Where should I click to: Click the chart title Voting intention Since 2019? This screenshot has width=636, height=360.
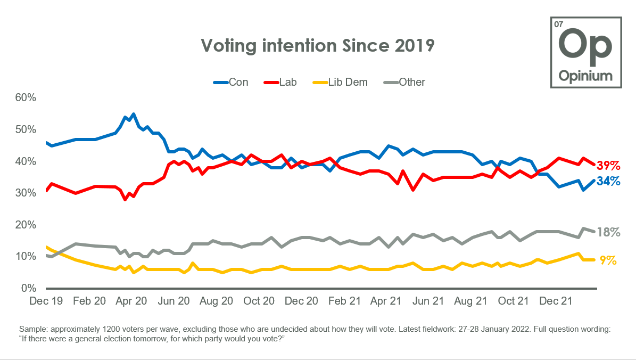(318, 46)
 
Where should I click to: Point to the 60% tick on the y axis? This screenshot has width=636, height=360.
(25, 98)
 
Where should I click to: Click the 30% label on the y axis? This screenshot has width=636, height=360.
(25, 193)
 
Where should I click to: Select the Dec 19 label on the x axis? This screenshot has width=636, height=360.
(46, 301)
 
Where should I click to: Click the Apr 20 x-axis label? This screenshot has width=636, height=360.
(131, 301)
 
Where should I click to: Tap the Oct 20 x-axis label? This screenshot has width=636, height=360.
(259, 301)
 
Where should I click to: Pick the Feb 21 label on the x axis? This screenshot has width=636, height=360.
(344, 301)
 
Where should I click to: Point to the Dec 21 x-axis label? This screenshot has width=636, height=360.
(555, 301)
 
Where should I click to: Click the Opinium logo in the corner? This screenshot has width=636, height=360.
(585, 52)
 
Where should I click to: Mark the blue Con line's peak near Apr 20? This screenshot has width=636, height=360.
(133, 114)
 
